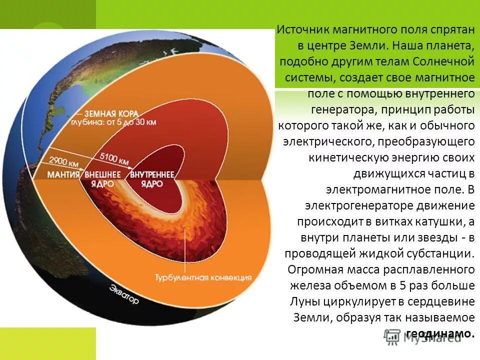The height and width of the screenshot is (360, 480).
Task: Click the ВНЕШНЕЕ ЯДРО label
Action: point(102,178)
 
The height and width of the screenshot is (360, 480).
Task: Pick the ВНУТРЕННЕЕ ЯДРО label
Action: point(152,178)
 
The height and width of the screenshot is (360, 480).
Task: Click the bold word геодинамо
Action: point(439,333)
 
